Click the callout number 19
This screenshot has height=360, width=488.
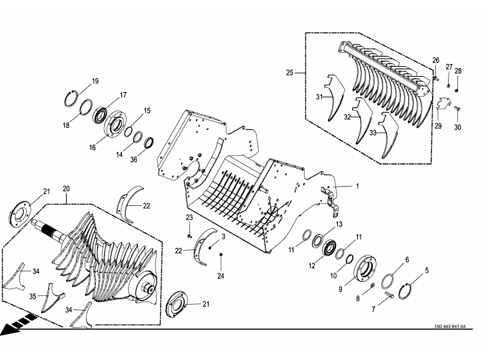pyautogui.click(x=95, y=81)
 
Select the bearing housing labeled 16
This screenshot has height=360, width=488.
pyautogui.click(x=115, y=124)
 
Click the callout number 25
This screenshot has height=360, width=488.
pyautogui.click(x=290, y=73)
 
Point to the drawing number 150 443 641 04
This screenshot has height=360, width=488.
pyautogui.click(x=450, y=327)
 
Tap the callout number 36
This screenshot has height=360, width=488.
pyautogui.click(x=133, y=159)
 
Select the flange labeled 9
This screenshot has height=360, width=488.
pyautogui.click(x=365, y=268)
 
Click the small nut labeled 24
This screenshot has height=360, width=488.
pyautogui.click(x=221, y=255)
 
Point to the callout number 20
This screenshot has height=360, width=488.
pyautogui.click(x=66, y=189)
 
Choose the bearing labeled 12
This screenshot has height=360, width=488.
pyautogui.click(x=329, y=248)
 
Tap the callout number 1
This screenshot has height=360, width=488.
pyautogui.click(x=357, y=186)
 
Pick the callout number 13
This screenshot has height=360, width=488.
pyautogui.click(x=339, y=224)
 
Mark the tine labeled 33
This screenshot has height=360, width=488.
pyautogui.click(x=389, y=135)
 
